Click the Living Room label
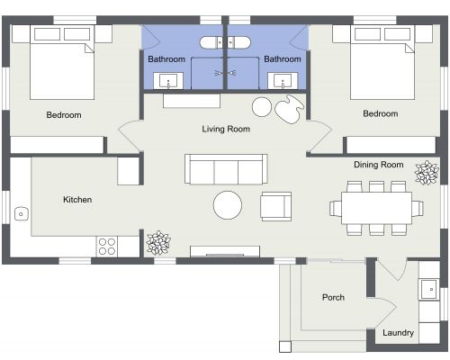coord(225,129)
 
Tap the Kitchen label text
coord(77,200)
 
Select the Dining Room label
coord(378,165)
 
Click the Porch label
coord(334,297)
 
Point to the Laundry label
coord(398,333)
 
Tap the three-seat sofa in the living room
coord(226,168)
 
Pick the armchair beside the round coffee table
coord(275,206)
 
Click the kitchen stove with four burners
coord(107,245)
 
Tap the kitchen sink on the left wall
coord(20,213)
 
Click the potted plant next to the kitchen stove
coord(158,242)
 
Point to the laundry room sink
coord(429,290)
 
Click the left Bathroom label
coord(166,59)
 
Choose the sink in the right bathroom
coord(286,81)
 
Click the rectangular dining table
coord(376,208)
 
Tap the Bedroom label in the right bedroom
coord(380,114)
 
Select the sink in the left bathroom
coord(167,81)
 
